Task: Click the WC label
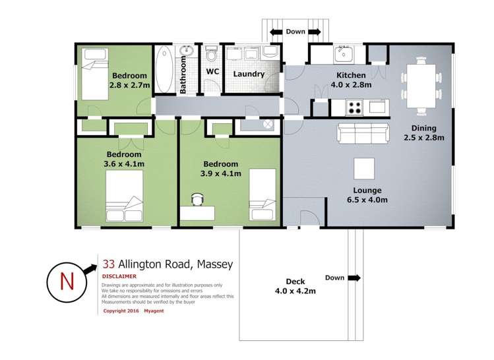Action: (x=212, y=71)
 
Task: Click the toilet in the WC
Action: (x=211, y=53)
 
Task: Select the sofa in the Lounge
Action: (x=361, y=133)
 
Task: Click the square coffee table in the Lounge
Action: (x=364, y=169)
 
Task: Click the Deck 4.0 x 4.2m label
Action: (x=286, y=285)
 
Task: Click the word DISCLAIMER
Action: (x=119, y=276)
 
